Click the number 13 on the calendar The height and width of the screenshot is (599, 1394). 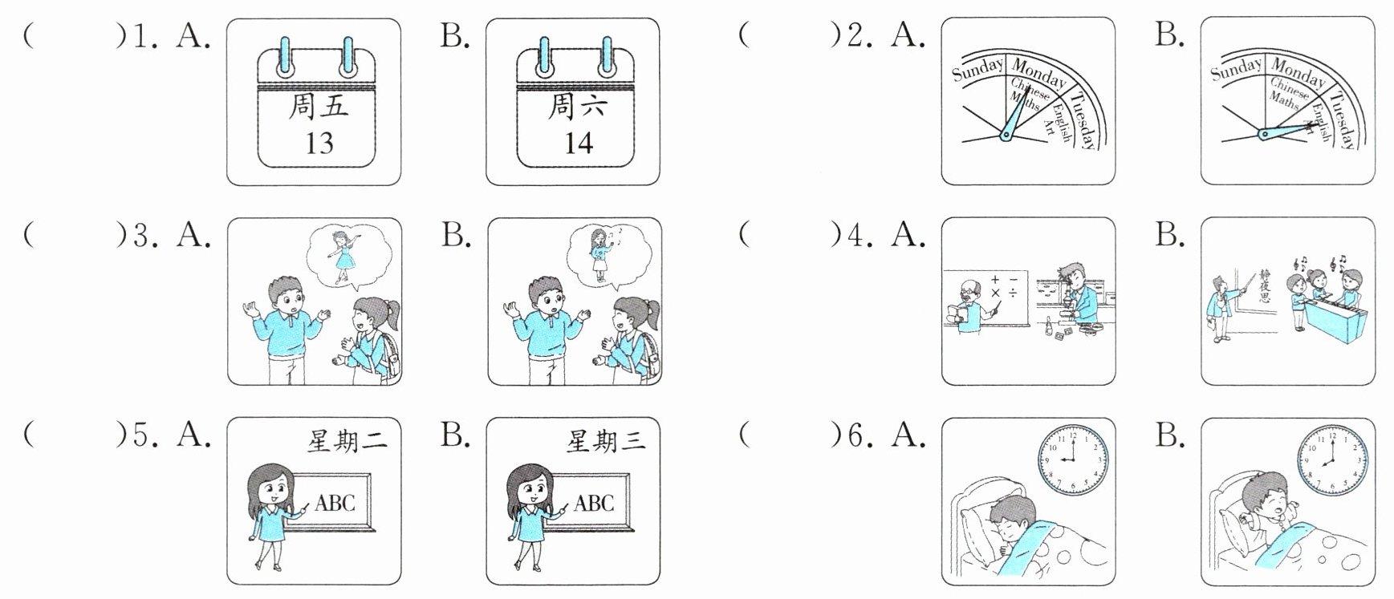[319, 143]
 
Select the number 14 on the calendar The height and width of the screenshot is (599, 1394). [578, 143]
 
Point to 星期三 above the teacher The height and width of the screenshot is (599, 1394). [606, 440]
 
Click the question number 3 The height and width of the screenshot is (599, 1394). [142, 234]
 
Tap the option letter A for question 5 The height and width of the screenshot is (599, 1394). [193, 435]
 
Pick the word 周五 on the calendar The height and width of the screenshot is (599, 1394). [319, 106]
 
